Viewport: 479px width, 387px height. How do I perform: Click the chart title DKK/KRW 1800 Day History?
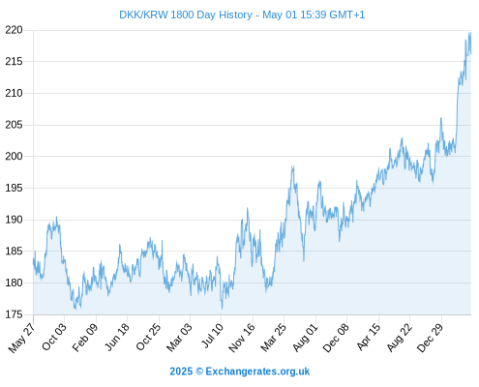186,15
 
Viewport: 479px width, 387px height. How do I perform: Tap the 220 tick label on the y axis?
14,30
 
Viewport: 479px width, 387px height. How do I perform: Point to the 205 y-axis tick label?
14,125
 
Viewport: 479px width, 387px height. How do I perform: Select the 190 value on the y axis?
14,220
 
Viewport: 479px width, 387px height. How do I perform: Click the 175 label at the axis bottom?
14,314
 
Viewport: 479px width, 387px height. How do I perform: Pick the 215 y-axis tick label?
14,61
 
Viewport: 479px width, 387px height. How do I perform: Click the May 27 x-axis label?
21,338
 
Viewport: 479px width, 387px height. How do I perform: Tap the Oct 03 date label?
54,337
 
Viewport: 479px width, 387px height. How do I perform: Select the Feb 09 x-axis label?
85,337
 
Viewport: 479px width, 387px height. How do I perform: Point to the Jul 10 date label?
212,336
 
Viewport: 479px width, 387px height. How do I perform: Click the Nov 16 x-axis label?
242,338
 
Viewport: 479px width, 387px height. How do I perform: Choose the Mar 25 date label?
274,337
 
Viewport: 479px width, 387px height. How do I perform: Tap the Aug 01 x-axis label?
305,337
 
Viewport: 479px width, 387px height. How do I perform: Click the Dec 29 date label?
431,338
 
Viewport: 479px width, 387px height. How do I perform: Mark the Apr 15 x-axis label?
369,337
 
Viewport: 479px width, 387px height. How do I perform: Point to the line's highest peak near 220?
470,33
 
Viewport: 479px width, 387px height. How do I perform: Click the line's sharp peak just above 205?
441,118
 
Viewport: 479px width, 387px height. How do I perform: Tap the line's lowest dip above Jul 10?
222,308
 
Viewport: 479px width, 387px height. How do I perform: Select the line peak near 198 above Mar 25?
293,166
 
